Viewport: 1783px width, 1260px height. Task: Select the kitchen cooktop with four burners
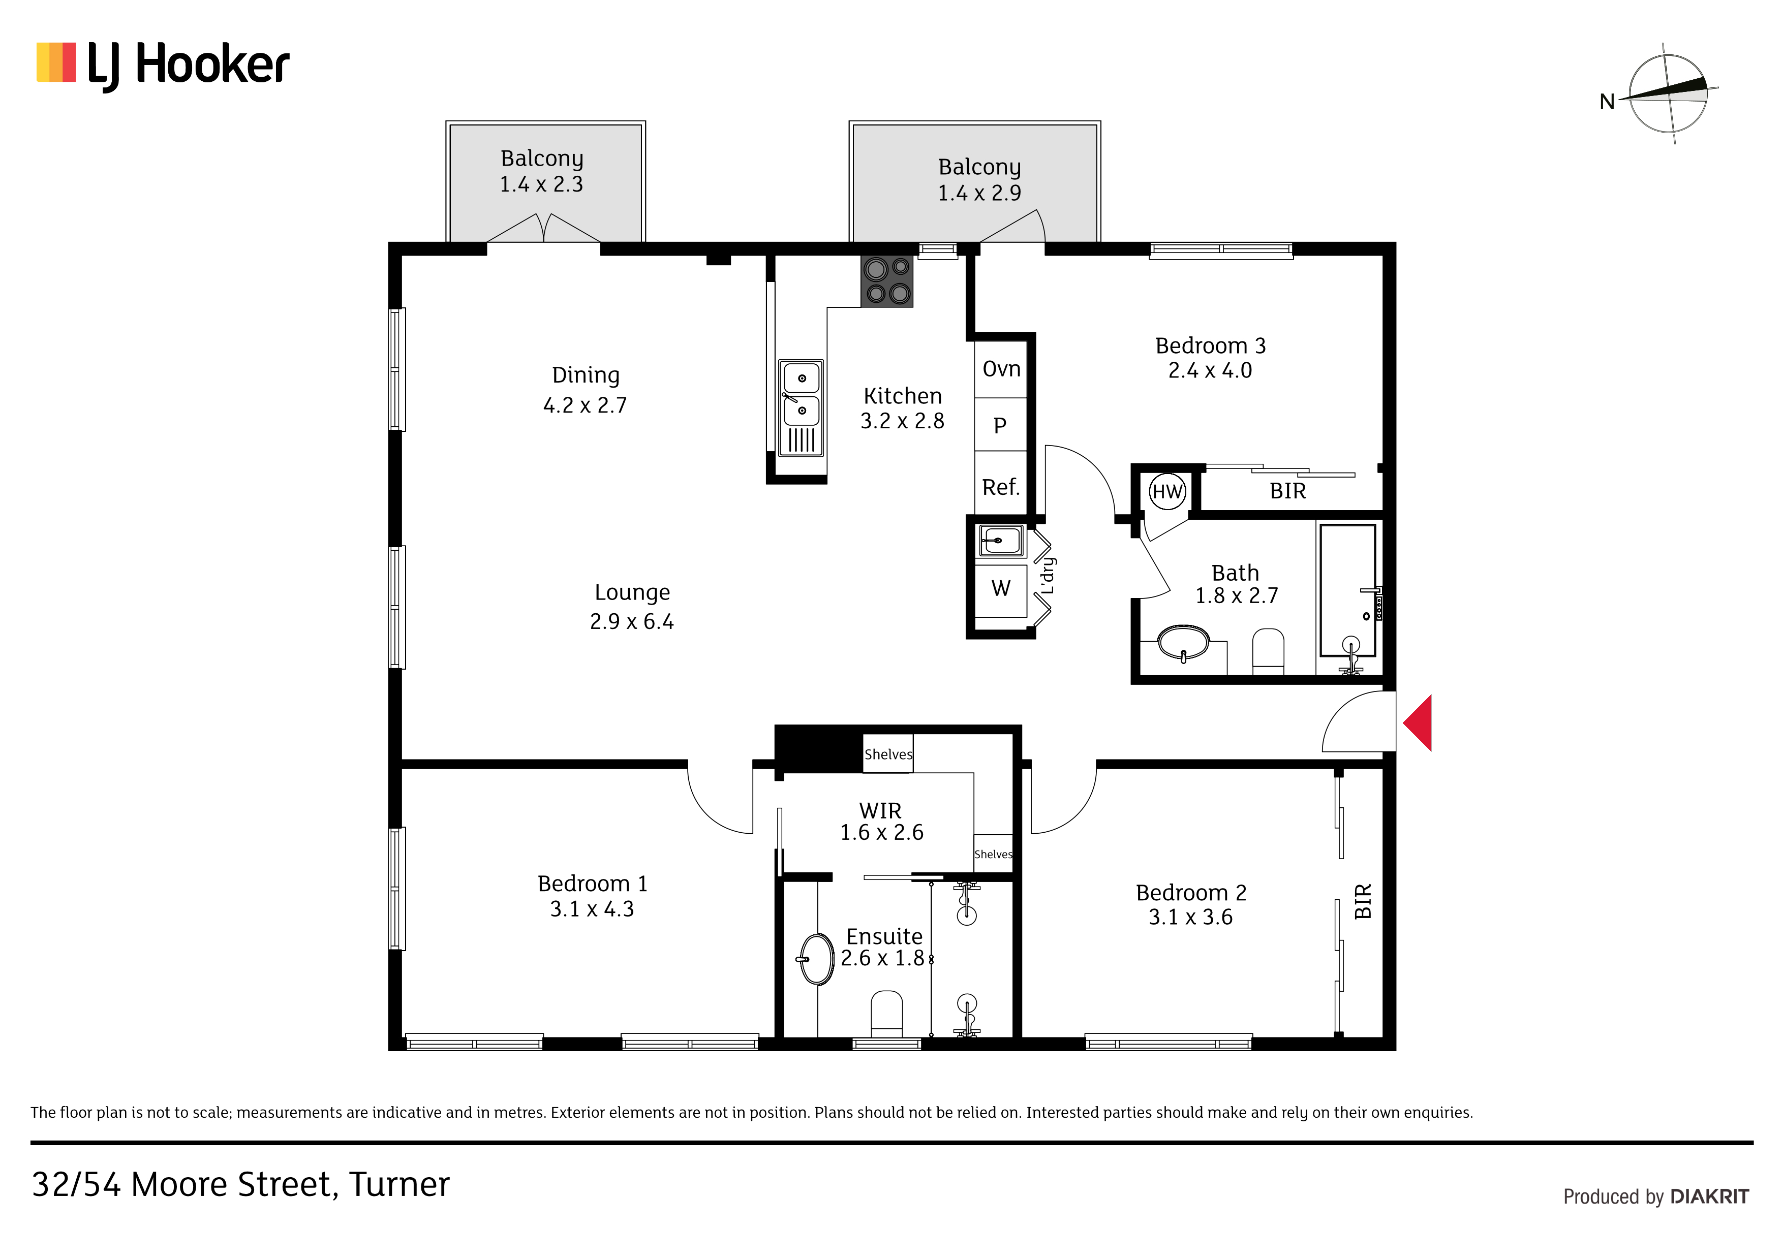[887, 281]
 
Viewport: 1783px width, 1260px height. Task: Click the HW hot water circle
[1167, 491]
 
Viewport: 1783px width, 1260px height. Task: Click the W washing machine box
[1001, 590]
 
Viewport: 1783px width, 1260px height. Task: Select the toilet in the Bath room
[1268, 650]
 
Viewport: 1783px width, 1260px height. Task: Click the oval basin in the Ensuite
[816, 960]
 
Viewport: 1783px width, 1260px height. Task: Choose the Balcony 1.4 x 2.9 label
[979, 179]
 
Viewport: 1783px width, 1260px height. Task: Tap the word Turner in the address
[399, 1185]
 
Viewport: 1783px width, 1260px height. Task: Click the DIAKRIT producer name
[1710, 1196]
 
